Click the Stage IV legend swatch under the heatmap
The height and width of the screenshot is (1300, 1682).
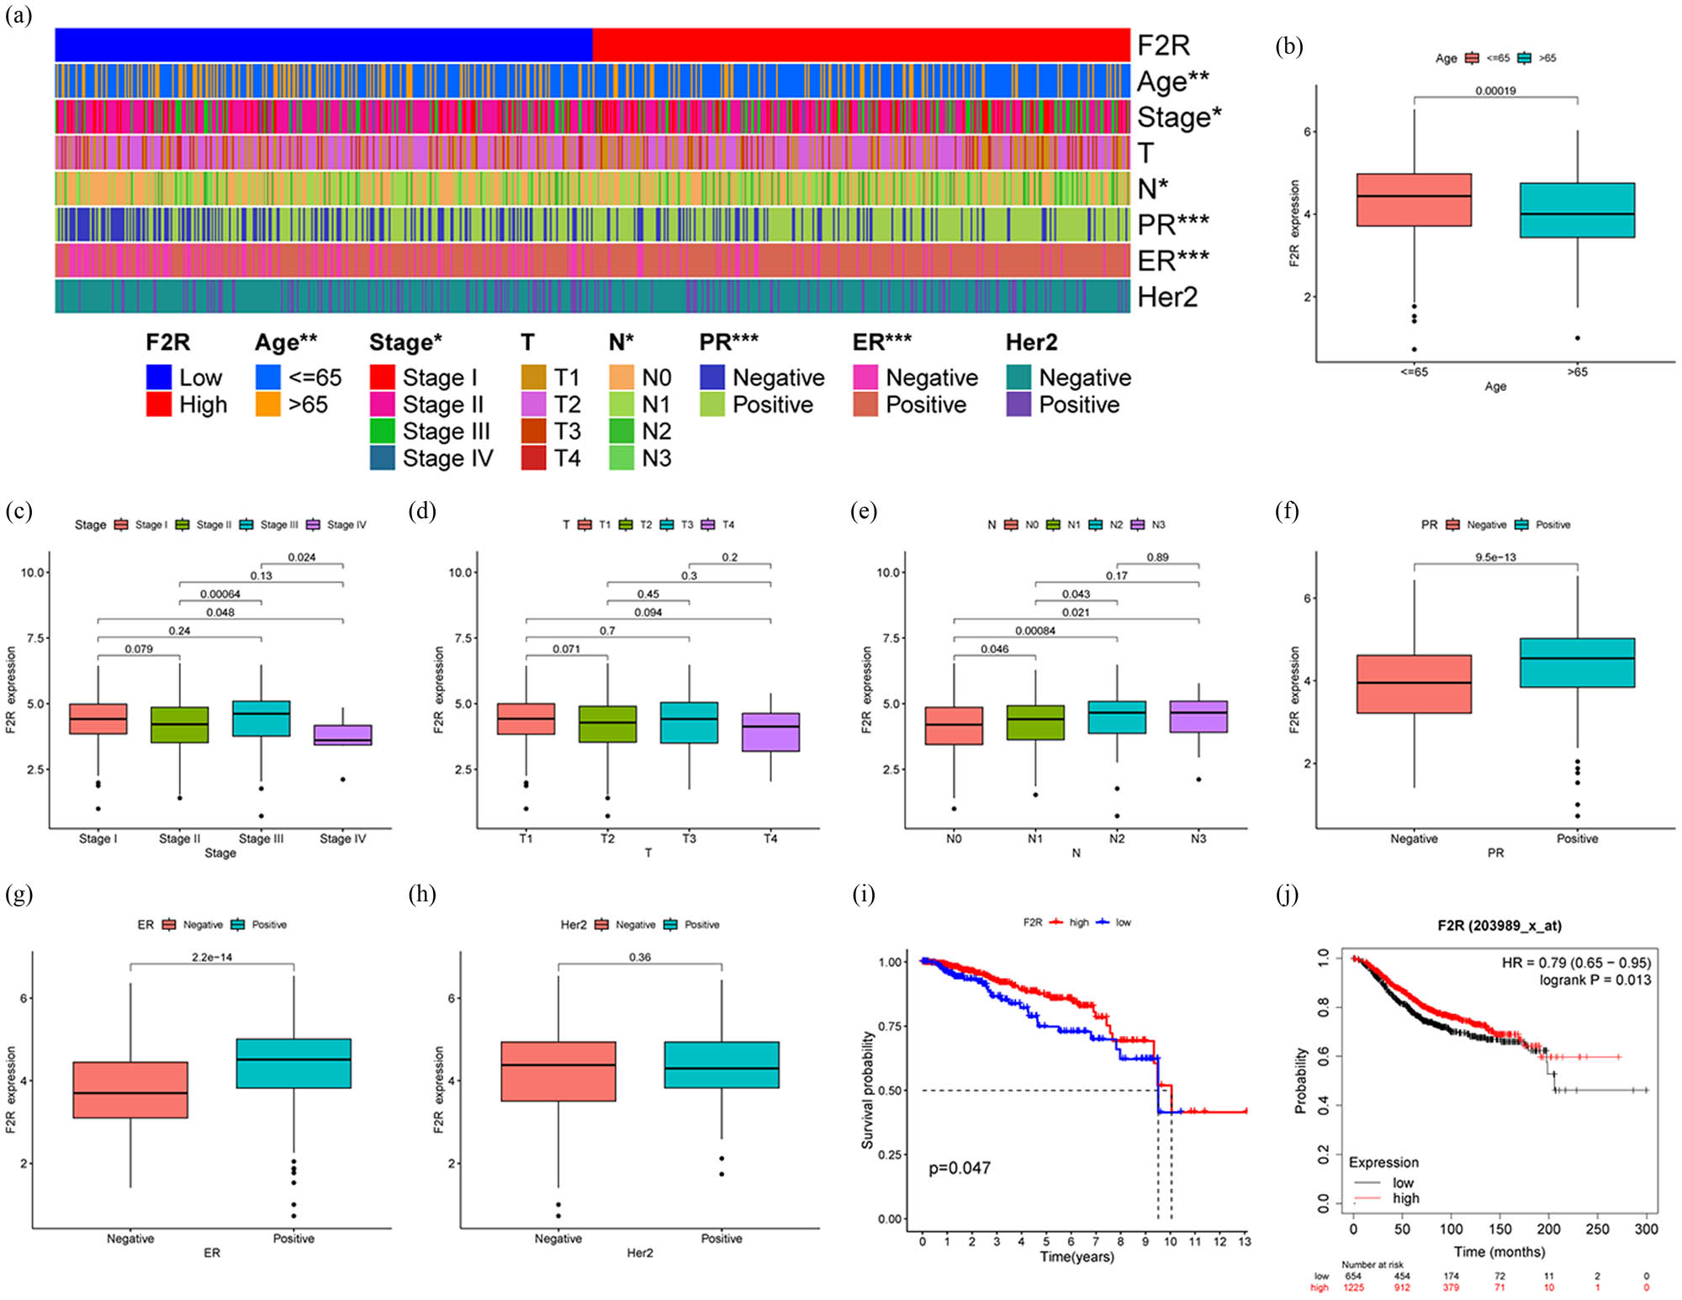[382, 458]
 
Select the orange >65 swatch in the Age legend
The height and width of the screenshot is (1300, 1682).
[267, 404]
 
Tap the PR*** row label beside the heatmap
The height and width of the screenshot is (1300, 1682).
[1172, 225]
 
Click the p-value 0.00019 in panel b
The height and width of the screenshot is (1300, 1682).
[1495, 91]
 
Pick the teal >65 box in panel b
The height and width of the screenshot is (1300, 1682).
[1577, 210]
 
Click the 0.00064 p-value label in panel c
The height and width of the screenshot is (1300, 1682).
[220, 595]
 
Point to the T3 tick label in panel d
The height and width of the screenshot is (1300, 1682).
[689, 838]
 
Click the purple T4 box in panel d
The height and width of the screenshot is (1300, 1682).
[770, 732]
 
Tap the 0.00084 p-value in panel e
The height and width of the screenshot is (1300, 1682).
[1034, 631]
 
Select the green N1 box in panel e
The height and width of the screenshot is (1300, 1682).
[1035, 722]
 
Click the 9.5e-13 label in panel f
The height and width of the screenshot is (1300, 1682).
[1495, 558]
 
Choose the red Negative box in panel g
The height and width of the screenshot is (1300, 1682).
[130, 1090]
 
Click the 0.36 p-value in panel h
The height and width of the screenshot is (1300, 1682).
[640, 957]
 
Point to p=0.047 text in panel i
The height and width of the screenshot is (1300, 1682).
[960, 1168]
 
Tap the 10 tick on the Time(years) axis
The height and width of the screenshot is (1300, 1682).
[1170, 1241]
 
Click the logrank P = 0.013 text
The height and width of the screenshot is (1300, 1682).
[1595, 980]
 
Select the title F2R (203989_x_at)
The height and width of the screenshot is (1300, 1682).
[1499, 925]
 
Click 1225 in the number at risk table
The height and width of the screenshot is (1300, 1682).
[1353, 1287]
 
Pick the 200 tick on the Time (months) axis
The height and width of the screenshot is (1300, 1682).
[1548, 1229]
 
